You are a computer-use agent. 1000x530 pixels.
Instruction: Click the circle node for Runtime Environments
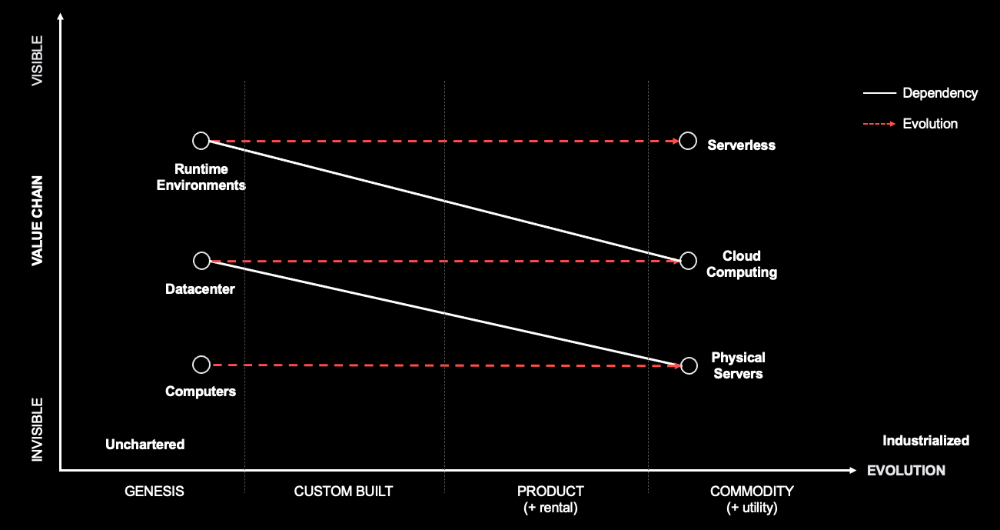point(201,141)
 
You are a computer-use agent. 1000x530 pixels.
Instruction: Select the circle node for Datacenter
point(201,261)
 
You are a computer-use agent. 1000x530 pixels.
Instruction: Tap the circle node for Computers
point(201,365)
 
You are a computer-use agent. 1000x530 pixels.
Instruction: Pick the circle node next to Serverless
point(689,141)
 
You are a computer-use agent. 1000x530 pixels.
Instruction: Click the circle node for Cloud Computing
point(689,261)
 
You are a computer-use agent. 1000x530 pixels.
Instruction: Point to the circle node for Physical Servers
point(689,365)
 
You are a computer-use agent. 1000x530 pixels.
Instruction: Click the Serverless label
point(741,145)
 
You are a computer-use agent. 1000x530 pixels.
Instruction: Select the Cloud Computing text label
point(742,264)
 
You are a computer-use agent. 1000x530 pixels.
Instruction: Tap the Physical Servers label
point(738,365)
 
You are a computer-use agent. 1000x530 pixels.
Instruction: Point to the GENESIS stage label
point(154,492)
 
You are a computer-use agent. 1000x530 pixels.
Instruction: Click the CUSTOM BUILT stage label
point(344,492)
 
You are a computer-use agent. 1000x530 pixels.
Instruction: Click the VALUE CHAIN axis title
point(37,221)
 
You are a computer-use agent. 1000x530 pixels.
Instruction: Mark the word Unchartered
point(145,445)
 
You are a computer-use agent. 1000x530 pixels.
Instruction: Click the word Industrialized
point(925,441)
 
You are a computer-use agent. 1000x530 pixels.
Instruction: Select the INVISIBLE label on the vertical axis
point(37,429)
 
